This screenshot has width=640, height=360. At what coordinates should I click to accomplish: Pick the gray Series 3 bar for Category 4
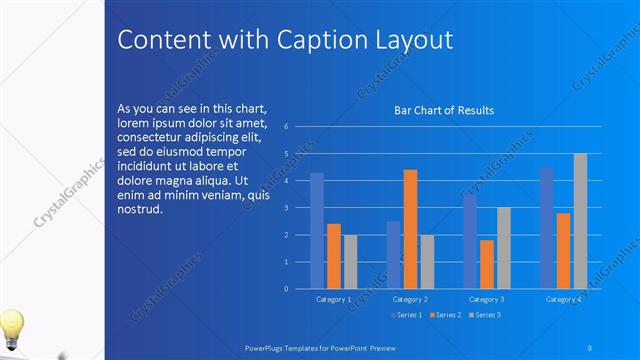point(580,221)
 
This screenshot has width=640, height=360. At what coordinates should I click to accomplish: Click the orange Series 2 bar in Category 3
point(486,264)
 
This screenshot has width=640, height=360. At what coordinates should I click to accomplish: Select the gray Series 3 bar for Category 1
point(350,262)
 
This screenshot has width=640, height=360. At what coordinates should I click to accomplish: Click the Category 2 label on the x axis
point(410,299)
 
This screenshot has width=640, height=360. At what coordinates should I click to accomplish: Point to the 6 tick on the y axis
point(286,127)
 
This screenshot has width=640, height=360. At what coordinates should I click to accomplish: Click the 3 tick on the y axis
point(286,208)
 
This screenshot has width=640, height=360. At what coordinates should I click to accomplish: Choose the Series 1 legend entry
point(406,316)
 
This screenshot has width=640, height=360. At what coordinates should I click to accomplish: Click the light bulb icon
point(12,327)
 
